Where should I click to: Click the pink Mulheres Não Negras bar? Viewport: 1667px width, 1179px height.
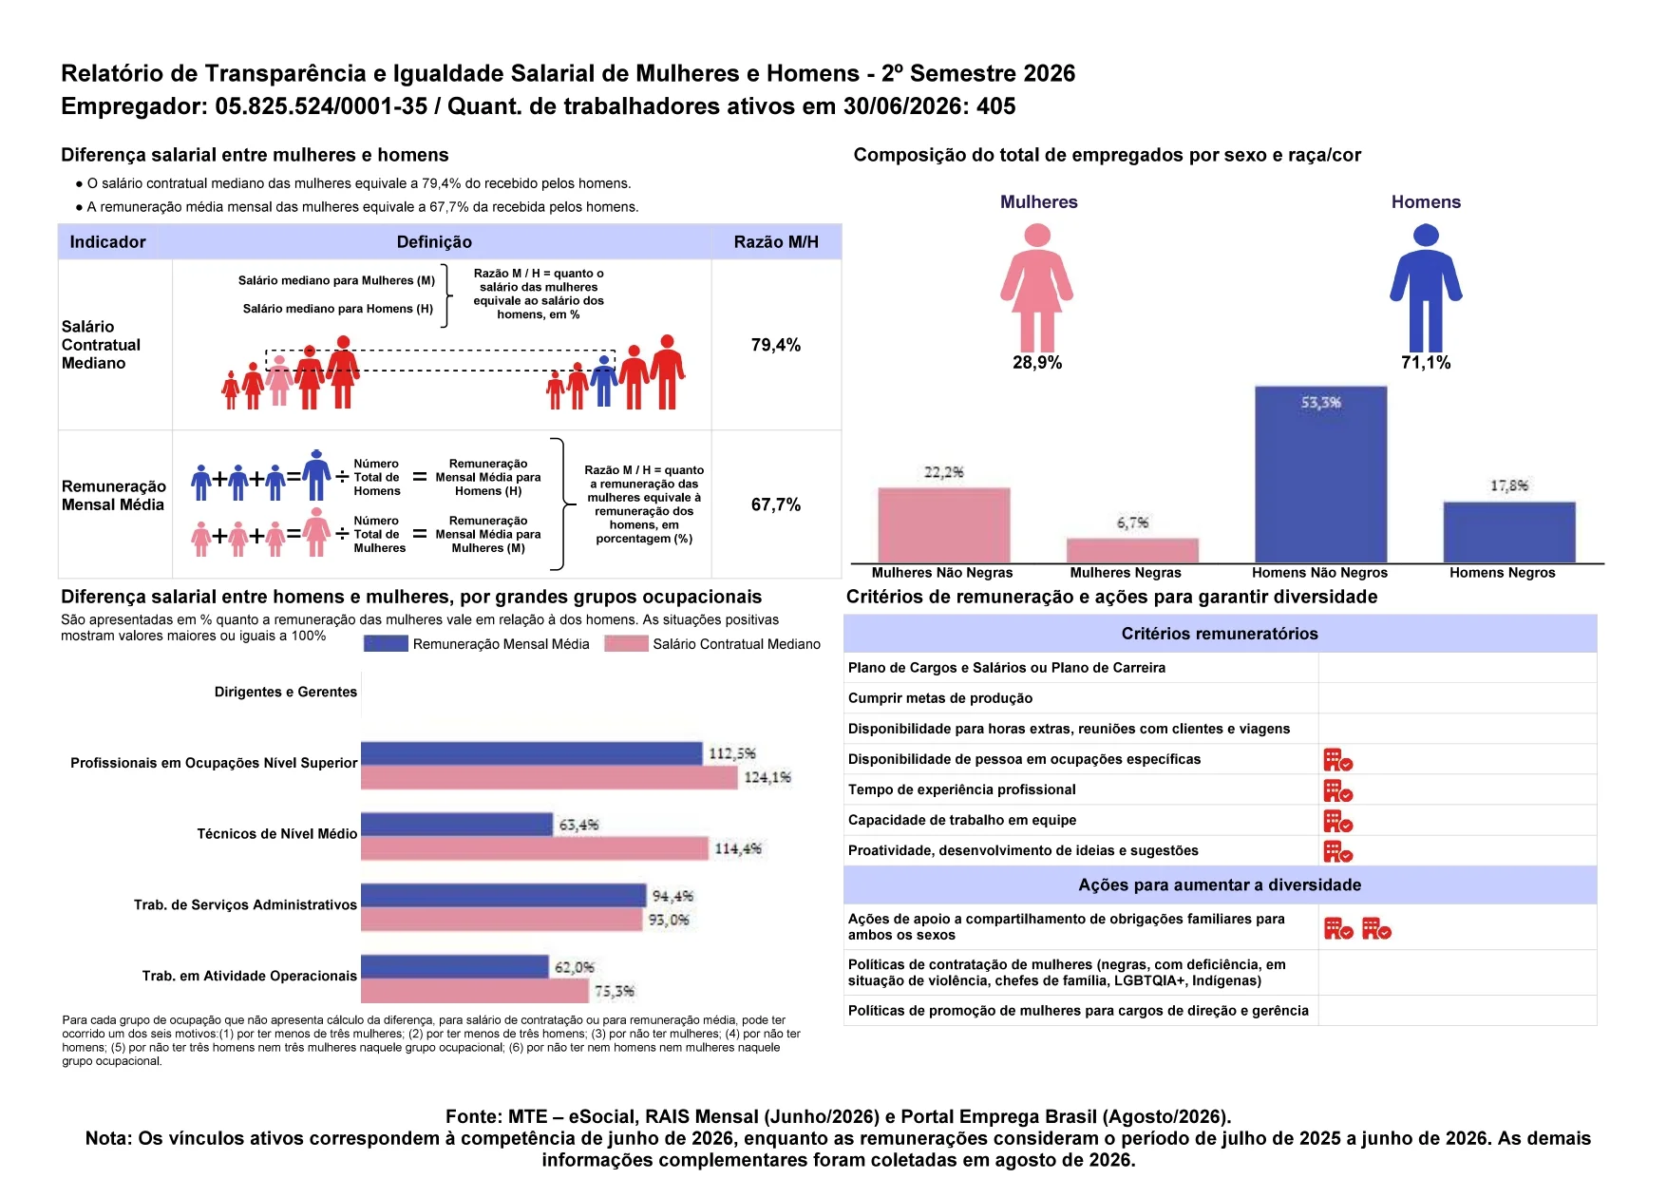943,525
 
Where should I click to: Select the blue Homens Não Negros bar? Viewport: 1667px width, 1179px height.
1320,475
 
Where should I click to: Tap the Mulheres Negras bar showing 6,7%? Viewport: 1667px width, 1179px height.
1132,551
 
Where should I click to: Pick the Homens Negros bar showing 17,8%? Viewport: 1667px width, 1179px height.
1509,532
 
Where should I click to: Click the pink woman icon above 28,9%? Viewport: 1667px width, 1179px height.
1037,289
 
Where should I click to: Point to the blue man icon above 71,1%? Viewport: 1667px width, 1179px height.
1426,289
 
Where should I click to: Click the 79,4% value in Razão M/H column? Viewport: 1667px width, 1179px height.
776,345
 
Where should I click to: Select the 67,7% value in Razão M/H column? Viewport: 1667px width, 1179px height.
776,504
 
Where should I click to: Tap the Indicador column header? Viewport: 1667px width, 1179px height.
108,242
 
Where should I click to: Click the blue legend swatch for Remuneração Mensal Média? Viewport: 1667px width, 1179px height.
386,644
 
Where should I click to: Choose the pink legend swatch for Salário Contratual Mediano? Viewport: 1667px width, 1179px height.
626,644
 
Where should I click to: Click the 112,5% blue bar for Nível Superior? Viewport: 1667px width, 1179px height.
532,753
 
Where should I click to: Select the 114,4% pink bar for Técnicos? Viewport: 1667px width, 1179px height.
535,848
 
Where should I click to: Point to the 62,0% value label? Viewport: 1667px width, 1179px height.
575,967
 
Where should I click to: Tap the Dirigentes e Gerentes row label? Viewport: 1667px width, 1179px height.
286,692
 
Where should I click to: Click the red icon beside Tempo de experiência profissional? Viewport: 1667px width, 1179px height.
1338,790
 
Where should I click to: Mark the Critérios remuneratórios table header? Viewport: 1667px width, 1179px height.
1220,634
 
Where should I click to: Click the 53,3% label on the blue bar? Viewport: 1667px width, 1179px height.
1321,403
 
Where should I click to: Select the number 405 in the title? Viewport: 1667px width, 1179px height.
996,106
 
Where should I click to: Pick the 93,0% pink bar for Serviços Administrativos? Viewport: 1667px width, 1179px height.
502,920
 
